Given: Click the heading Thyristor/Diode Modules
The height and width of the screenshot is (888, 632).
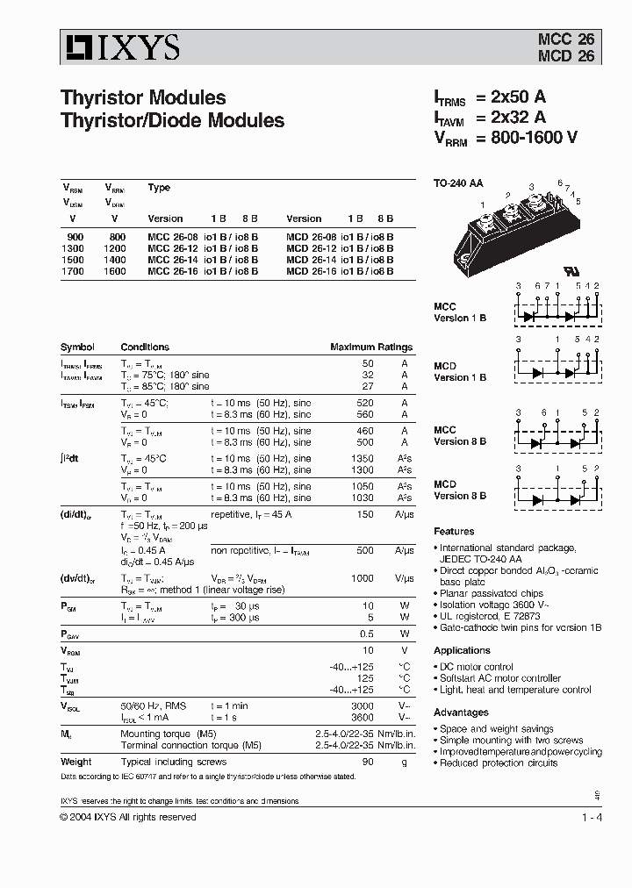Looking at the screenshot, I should (172, 121).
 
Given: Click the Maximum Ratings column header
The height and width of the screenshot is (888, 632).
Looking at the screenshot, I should (370, 347).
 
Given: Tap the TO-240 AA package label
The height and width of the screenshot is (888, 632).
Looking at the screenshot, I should (458, 184).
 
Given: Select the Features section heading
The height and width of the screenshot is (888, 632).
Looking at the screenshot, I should (454, 532).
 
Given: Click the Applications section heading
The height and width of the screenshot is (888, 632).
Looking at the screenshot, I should (462, 651).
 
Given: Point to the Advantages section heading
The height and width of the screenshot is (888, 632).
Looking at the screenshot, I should (461, 713).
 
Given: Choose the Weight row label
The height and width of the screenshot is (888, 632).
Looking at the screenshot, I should (75, 762).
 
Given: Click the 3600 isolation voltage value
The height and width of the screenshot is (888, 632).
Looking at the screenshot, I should (362, 717).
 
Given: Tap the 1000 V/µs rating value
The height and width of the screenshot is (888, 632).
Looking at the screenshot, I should (362, 579).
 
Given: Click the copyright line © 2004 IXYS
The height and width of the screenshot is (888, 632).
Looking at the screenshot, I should (127, 817).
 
